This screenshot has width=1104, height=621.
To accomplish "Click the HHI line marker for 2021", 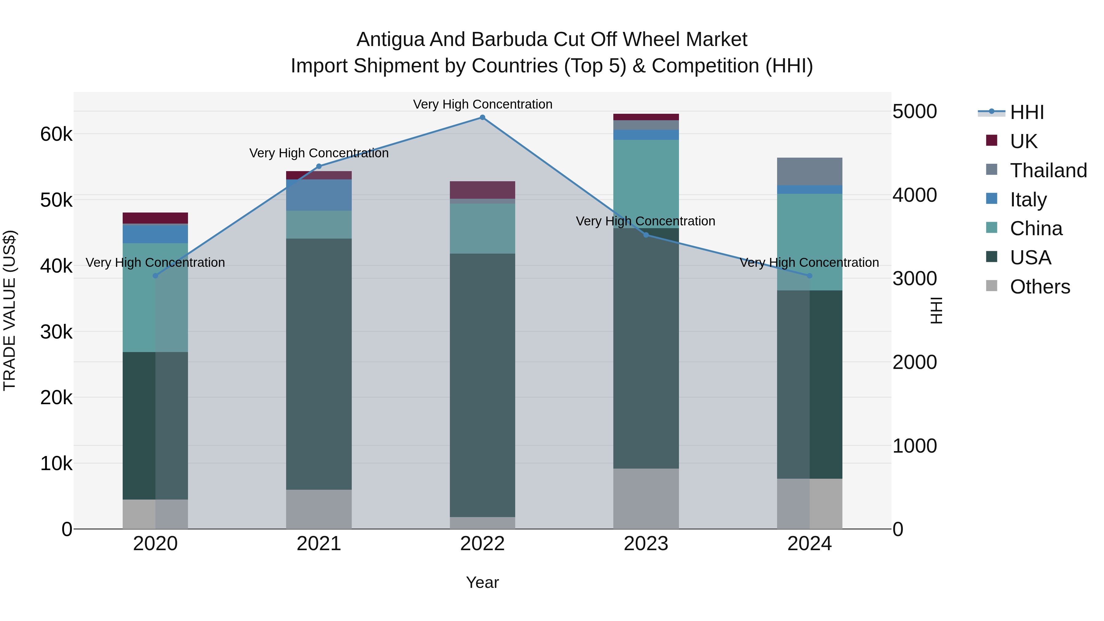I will pyautogui.click(x=319, y=166).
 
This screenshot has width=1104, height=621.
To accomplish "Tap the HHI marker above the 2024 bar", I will pyautogui.click(x=810, y=276).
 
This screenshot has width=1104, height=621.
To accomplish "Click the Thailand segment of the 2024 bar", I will pyautogui.click(x=810, y=171).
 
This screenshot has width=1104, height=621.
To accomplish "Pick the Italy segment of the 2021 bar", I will pyautogui.click(x=319, y=195).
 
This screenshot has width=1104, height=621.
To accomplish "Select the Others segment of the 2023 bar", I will pyautogui.click(x=646, y=498).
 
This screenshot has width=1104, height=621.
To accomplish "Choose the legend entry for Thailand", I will pyautogui.click(x=1048, y=171).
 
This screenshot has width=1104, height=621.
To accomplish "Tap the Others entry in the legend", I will pyautogui.click(x=1040, y=287).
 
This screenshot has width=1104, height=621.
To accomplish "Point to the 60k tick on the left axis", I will pyautogui.click(x=56, y=134).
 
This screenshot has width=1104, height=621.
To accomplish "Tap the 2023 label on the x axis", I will pyautogui.click(x=646, y=544).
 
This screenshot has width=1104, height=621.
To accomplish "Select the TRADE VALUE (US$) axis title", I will pyautogui.click(x=10, y=310).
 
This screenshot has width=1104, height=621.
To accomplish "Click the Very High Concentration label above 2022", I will pyautogui.click(x=483, y=104).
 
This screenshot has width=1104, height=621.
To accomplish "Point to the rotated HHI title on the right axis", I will pyautogui.click(x=937, y=310).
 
